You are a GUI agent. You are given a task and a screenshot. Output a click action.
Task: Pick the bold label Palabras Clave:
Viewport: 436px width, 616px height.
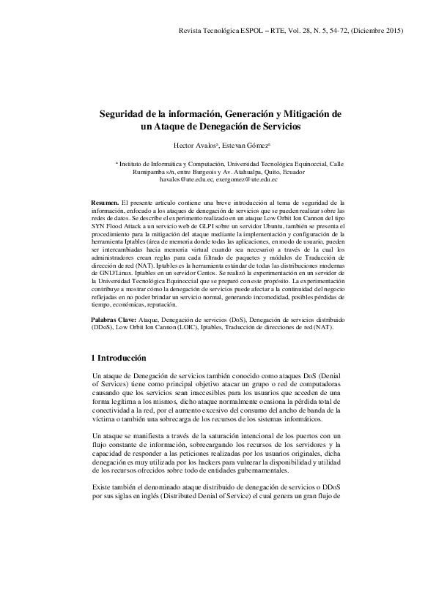114,320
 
